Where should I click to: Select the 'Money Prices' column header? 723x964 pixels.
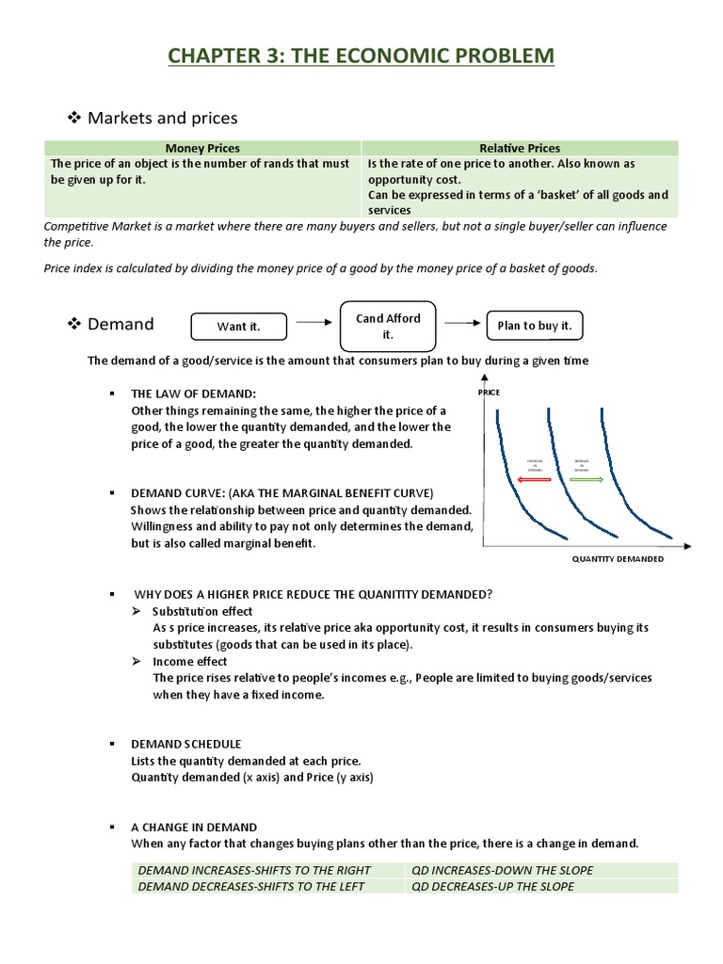202,148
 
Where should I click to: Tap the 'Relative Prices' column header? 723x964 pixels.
520,148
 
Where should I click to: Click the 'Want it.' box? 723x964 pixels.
238,326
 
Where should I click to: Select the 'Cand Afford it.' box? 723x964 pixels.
387,326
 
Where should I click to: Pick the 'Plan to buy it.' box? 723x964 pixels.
535,326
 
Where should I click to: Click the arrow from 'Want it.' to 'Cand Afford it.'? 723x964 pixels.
312,322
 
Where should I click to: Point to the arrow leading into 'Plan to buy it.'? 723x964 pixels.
461,322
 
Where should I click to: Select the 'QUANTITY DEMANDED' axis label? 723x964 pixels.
618,558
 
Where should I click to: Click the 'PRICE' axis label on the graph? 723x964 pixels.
490,391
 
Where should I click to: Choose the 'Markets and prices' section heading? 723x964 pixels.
162,118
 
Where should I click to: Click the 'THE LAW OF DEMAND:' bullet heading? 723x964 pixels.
193,393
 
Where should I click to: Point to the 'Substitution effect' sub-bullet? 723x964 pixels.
202,611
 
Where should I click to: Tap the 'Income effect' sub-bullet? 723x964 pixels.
189,661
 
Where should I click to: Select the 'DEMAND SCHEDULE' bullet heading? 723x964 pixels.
185,743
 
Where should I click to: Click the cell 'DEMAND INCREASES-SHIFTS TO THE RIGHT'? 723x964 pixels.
254,870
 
